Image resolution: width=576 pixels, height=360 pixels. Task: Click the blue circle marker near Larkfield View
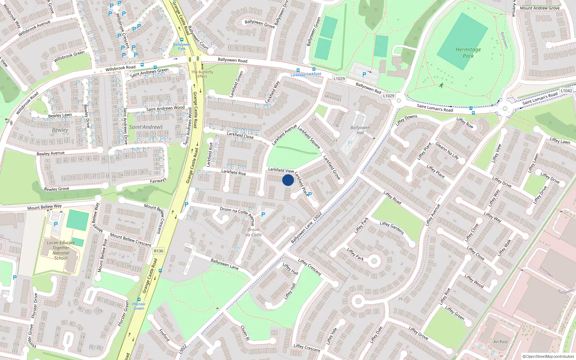(288, 180)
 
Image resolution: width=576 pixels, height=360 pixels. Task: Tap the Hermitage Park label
(468, 53)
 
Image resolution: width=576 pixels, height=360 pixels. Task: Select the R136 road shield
(158, 251)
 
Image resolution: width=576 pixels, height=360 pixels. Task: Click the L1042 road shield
(566, 91)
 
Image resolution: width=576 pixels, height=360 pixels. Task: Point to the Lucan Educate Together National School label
(61, 250)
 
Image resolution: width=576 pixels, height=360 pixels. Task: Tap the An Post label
(500, 342)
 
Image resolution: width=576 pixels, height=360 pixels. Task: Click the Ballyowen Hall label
(360, 130)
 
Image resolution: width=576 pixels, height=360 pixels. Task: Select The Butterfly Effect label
(202, 74)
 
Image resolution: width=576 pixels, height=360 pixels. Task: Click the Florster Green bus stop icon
(139, 299)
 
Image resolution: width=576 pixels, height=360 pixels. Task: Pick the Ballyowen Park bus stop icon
(181, 40)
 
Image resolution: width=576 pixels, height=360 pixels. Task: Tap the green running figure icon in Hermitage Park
(441, 85)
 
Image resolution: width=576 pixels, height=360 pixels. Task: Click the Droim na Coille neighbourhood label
(253, 232)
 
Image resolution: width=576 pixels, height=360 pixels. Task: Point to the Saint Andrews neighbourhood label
(146, 127)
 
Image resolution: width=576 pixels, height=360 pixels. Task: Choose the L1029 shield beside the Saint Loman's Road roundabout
(388, 96)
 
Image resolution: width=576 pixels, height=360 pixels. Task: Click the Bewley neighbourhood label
(60, 130)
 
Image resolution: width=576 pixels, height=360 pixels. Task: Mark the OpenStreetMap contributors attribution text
(548, 356)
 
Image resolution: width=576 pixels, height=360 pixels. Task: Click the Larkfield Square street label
(309, 137)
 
